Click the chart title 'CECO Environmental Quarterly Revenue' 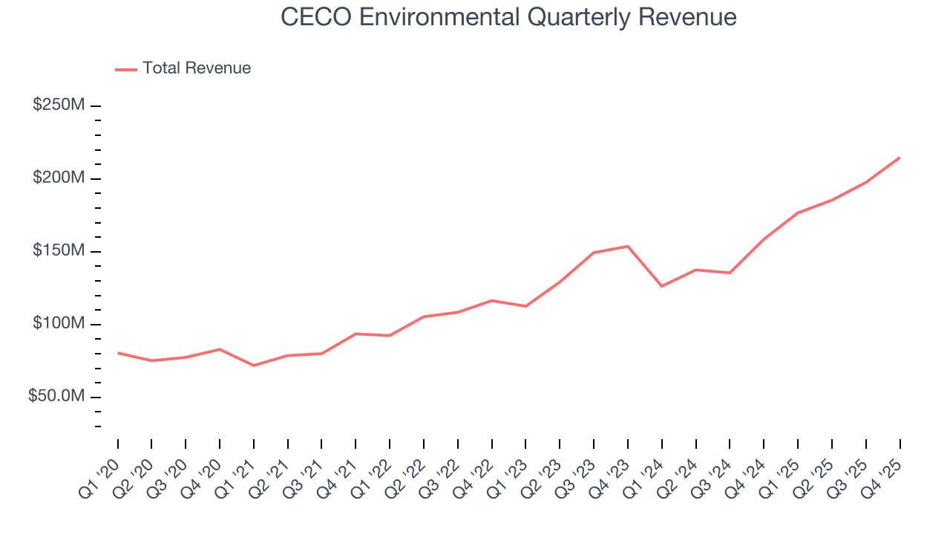point(508,17)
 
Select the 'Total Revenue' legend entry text point(197,68)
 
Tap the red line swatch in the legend point(126,69)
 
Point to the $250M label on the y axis point(59,106)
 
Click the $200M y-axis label point(59,178)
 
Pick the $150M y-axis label point(59,251)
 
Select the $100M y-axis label point(59,324)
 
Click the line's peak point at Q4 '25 point(900,158)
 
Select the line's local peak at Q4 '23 point(628,246)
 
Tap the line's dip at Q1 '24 point(661,286)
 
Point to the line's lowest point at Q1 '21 point(254,366)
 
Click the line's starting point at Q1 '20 point(118,353)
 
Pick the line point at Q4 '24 point(764,239)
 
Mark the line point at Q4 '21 point(356,334)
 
